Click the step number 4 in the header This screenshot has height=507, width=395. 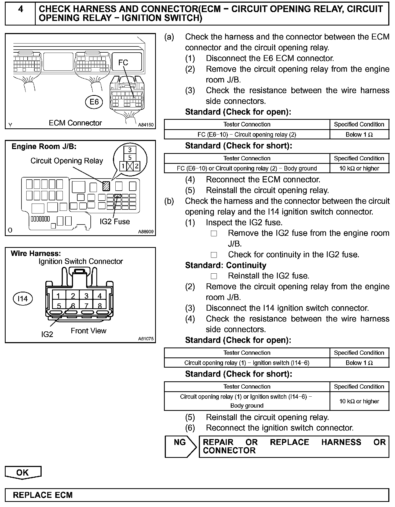pos(20,10)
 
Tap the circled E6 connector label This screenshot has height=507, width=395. pos(94,102)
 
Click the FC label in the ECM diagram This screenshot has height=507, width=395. pos(123,63)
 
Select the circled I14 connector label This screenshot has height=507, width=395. pos(23,299)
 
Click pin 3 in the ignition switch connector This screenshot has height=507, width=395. pos(86,296)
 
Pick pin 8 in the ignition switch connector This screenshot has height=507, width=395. pos(100,306)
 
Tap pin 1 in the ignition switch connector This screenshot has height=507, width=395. pos(58,296)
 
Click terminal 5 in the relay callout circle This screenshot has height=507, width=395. pos(130,157)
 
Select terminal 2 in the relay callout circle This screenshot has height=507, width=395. pos(137,166)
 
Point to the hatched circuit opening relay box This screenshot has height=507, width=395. pos(106,186)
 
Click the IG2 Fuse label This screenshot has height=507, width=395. pos(115,222)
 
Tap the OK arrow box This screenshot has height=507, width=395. pos(23,473)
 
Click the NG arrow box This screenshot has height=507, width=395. pos(180,447)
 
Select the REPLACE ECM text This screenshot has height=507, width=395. pos(43,495)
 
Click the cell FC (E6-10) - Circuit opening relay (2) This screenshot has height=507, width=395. pos(247,135)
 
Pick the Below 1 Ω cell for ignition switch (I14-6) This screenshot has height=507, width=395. pos(359,363)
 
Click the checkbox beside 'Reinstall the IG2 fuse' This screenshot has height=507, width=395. pos(214,276)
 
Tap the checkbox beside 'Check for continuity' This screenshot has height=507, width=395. pos(214,255)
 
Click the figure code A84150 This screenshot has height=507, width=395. pos(146,125)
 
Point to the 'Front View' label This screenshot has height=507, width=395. pos(89,331)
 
